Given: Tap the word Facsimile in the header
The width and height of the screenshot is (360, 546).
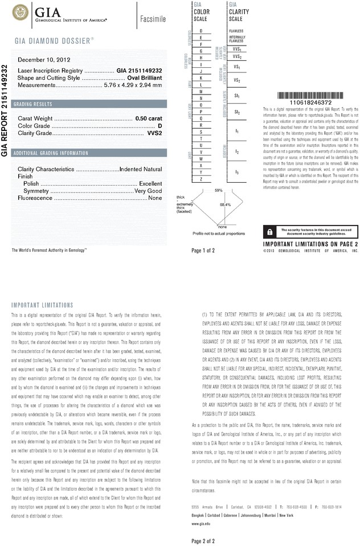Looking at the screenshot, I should (x=153, y=19).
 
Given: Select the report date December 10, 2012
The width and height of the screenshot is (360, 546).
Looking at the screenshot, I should (x=44, y=59).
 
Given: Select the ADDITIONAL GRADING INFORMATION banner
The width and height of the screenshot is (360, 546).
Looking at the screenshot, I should (x=51, y=153).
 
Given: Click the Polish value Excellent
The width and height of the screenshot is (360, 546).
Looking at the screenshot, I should (x=150, y=184).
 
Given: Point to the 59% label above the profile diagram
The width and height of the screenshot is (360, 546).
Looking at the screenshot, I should (x=218, y=190).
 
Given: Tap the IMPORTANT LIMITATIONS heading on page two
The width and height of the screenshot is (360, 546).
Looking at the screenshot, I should (x=42, y=305).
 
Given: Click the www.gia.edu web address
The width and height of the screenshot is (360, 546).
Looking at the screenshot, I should (x=201, y=522).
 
